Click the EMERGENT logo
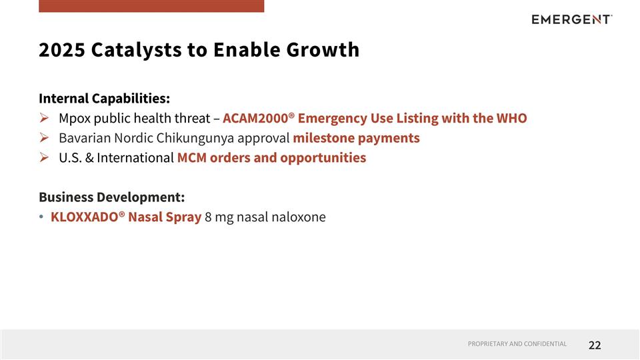pyautogui.click(x=571, y=19)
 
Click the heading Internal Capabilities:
pyautogui.click(x=104, y=99)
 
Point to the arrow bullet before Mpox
pyautogui.click(x=44, y=119)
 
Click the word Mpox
pyautogui.click(x=75, y=119)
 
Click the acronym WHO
pyautogui.click(x=511, y=119)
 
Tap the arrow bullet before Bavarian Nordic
pyautogui.click(x=44, y=139)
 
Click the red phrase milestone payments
pyautogui.click(x=356, y=139)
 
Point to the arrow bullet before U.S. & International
pyautogui.click(x=44, y=159)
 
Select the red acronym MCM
pyautogui.click(x=192, y=159)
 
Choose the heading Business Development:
pyautogui.click(x=111, y=197)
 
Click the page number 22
pyautogui.click(x=595, y=345)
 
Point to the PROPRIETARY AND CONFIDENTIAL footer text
pyautogui.click(x=517, y=344)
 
